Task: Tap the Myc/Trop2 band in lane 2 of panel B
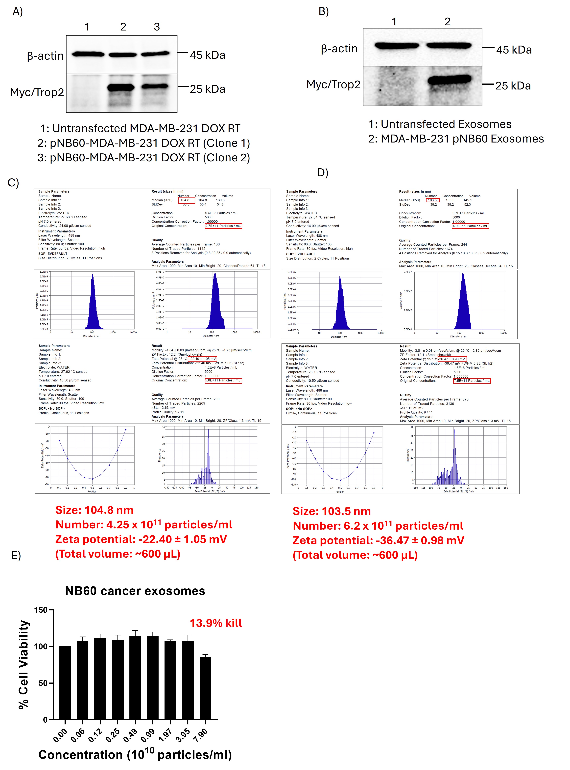coord(449,80)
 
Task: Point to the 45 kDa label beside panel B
coord(514,50)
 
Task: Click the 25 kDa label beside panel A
coord(207,89)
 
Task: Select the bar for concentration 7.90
coord(205,687)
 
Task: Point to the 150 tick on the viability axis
coord(41,610)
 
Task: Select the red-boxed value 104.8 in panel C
coord(185,200)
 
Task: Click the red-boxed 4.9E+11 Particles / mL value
coord(470,226)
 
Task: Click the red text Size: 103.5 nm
coord(332,511)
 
